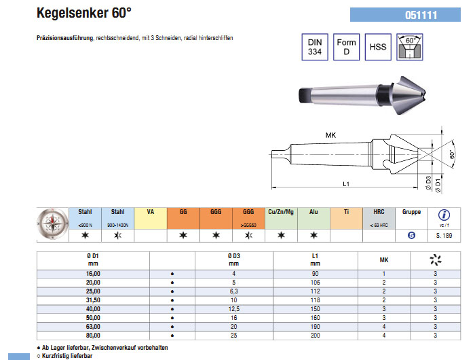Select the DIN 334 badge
click(314, 48)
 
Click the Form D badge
click(346, 48)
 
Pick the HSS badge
click(378, 48)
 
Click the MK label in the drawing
click(330, 136)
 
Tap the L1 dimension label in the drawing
click(345, 183)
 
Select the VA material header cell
click(151, 213)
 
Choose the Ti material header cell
click(346, 213)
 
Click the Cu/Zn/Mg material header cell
click(281, 213)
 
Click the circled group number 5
click(411, 236)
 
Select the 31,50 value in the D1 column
click(92, 298)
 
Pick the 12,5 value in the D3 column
click(233, 308)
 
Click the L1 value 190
click(315, 325)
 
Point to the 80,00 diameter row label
click(92, 334)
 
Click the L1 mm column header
click(315, 259)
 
